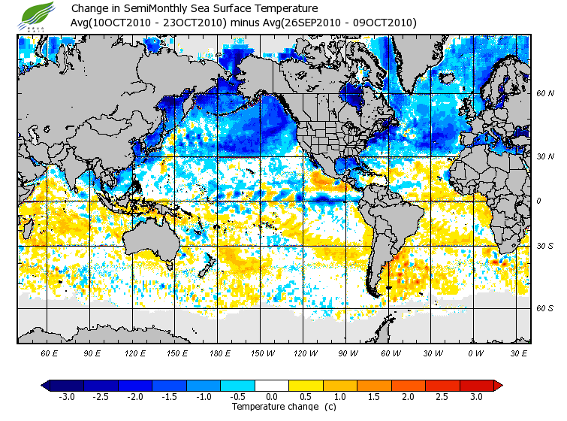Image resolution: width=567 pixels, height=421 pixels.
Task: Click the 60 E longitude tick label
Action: tap(50, 353)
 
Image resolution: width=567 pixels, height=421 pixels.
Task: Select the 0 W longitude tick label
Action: tap(475, 353)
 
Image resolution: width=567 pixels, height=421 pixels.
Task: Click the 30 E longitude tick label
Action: tap(518, 353)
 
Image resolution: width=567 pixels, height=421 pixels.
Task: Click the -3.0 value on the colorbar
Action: tap(66, 397)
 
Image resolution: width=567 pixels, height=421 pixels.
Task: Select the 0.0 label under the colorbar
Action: tap(272, 397)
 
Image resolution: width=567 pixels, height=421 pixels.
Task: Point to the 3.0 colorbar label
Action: tap(477, 397)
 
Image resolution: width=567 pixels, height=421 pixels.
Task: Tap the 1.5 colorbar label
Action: tap(374, 397)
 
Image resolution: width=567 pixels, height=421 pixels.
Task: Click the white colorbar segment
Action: tap(272, 385)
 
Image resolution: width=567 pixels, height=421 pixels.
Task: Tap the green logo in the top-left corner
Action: tap(38, 14)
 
